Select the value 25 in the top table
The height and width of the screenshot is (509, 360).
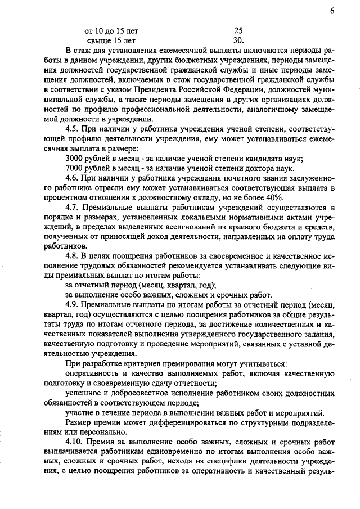[x=238, y=30]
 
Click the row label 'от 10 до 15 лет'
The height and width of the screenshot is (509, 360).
[x=111, y=30]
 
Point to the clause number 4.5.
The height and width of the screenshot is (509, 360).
[x=73, y=129]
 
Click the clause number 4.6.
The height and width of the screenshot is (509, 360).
[x=73, y=177]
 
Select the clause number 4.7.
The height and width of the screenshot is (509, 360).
[x=73, y=207]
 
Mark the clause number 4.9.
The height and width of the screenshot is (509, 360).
[x=73, y=304]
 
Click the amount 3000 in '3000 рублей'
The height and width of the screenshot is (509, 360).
[x=75, y=158]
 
